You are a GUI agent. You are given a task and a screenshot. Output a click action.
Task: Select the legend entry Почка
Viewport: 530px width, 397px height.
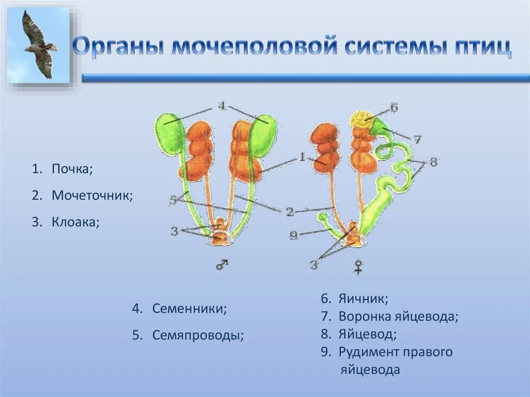pos(72,169)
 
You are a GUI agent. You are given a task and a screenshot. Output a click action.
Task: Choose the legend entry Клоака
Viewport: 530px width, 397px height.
pos(75,222)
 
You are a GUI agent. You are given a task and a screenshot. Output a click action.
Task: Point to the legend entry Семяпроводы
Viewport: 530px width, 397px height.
pos(198,335)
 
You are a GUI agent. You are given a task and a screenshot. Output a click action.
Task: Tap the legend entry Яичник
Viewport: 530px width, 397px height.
pos(363,299)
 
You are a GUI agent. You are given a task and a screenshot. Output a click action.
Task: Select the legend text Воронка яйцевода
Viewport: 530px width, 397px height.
pos(399,316)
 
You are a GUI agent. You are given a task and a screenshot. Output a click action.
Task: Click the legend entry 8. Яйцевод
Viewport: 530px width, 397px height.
pos(359,334)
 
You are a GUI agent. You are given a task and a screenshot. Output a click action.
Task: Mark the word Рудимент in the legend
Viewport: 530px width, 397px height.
pos(369,352)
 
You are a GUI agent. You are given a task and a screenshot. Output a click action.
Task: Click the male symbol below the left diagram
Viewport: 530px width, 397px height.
pos(222,264)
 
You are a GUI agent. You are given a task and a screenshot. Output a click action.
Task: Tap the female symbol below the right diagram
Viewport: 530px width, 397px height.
pos(358,267)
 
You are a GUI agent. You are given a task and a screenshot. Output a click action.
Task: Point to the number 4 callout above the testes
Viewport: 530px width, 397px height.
pos(222,106)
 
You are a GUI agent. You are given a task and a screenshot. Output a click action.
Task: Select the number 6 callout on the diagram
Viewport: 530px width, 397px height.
pos(393,108)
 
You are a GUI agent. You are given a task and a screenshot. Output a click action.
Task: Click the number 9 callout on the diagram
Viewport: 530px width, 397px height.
pos(293,236)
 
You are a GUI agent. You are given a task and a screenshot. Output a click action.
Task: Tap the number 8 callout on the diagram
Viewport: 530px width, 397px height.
pos(433,162)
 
